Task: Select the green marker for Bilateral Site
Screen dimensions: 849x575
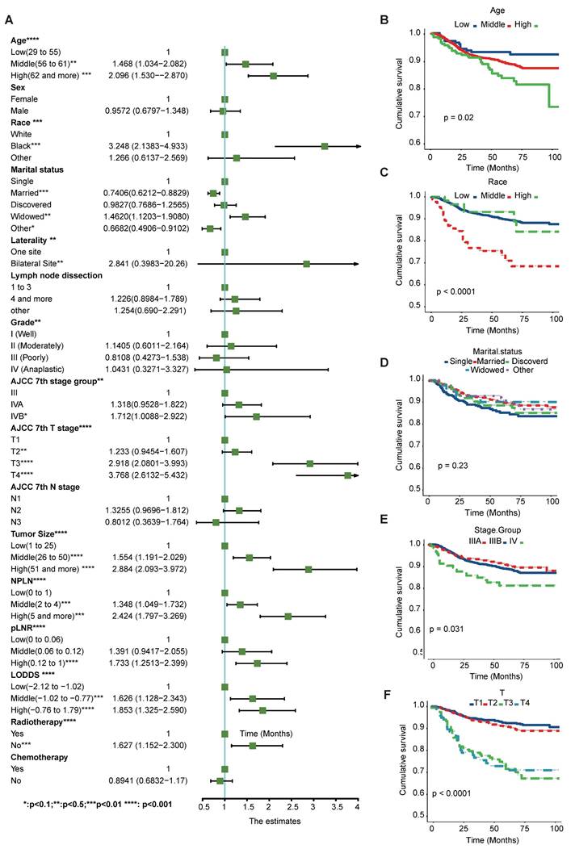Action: pyautogui.click(x=306, y=264)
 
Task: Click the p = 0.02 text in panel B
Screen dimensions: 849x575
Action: pyautogui.click(x=460, y=118)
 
